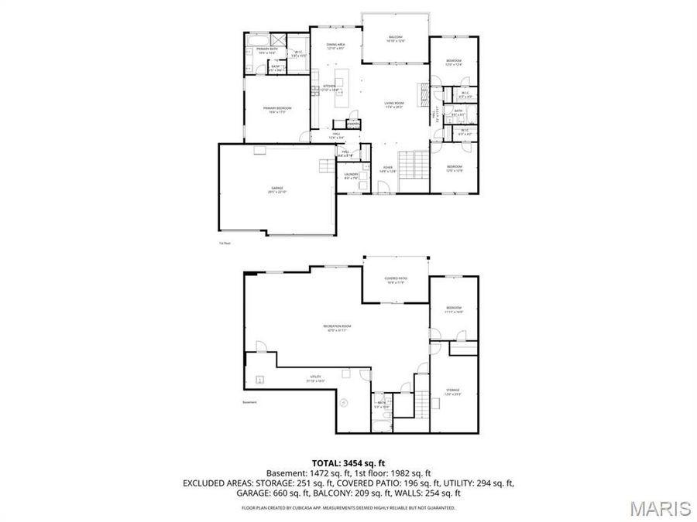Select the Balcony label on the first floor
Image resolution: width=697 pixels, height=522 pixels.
click(x=396, y=39)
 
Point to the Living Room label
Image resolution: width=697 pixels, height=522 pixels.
click(x=395, y=104)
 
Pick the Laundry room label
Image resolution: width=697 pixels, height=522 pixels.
click(x=351, y=176)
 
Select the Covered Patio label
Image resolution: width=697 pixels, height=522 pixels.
click(x=397, y=280)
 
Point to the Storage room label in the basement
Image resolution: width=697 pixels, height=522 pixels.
click(x=453, y=391)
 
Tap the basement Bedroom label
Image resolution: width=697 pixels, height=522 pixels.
click(x=454, y=309)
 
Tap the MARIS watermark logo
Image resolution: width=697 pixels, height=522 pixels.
click(x=660, y=508)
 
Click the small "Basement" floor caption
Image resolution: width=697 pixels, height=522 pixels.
click(x=249, y=402)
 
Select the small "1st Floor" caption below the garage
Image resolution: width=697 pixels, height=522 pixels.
click(x=225, y=242)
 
